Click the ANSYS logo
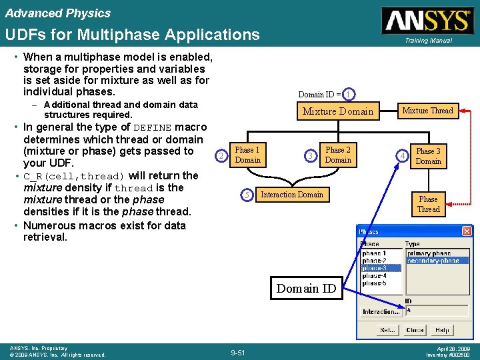(426, 21)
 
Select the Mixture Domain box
(338, 111)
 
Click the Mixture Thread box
(427, 111)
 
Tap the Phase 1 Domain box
(247, 155)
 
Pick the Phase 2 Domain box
(338, 155)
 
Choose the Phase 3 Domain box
(428, 156)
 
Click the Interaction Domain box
(291, 195)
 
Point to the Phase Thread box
(428, 204)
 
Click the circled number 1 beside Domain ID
(350, 95)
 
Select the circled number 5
(247, 195)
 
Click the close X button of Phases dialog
(466, 231)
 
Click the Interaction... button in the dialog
(381, 311)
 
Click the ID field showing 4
(436, 310)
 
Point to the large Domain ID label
(306, 288)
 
